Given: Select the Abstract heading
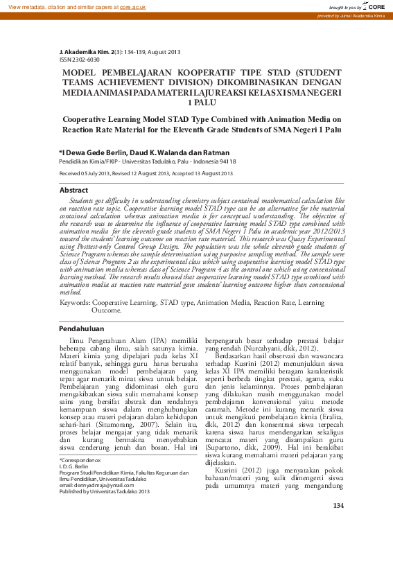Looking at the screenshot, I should pyautogui.click(x=73, y=190).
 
